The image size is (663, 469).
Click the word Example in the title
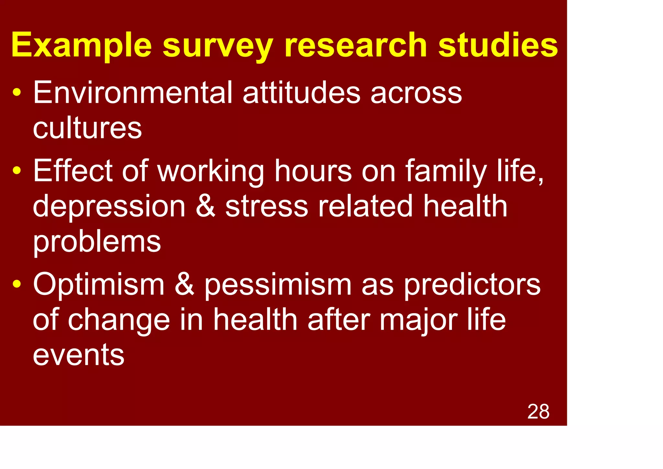(81, 45)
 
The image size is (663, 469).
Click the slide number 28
(538, 412)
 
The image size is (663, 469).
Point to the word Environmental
(133, 93)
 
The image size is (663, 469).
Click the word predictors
(472, 285)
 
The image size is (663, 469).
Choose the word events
(79, 356)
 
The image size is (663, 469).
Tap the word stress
(266, 206)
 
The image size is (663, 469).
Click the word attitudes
(301, 93)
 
